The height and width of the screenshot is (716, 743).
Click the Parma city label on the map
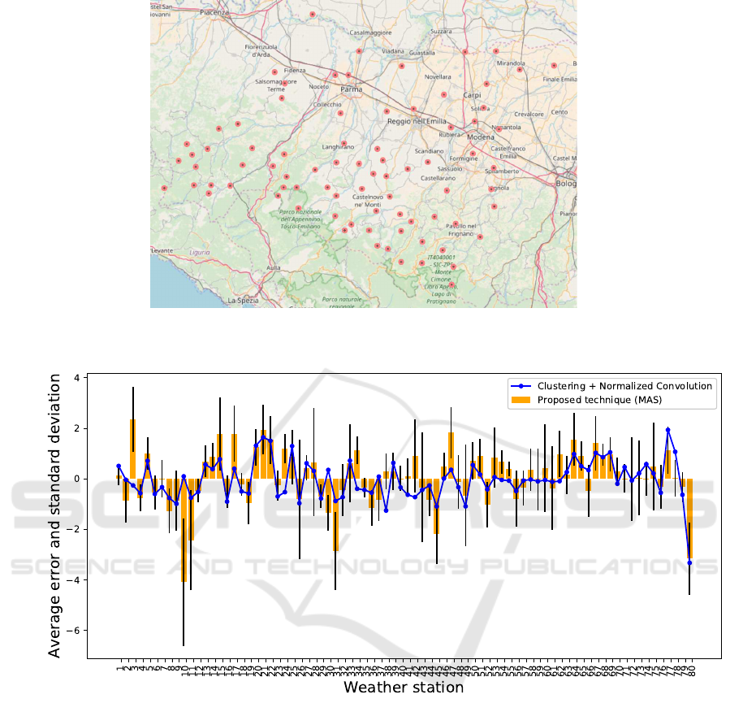tap(351, 89)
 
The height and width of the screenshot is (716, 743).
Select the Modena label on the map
tap(481, 137)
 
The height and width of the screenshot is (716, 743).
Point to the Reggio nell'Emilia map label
tap(417, 121)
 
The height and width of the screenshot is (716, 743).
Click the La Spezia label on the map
tap(243, 301)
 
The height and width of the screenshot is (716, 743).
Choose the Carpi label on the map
tap(472, 95)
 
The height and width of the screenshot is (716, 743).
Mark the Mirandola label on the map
tap(511, 63)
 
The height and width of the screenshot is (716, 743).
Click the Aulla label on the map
tap(273, 267)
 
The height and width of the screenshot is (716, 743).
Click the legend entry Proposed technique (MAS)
tap(602, 399)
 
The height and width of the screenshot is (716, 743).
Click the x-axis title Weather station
tap(404, 688)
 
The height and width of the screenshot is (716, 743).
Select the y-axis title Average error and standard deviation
tap(55, 515)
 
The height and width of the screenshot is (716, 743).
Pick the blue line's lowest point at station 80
tap(689, 562)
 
